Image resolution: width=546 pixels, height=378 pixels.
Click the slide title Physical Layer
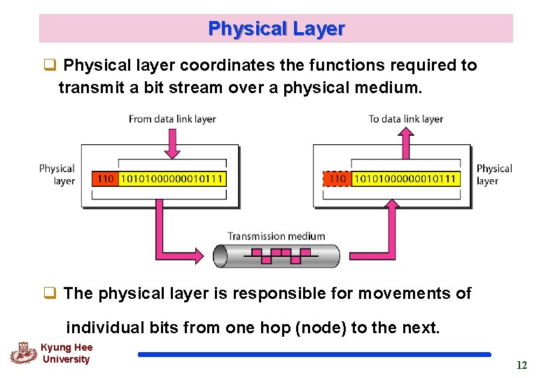pos(276,29)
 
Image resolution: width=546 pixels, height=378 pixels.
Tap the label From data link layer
pos(172,119)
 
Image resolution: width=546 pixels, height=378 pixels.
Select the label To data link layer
pos(406,119)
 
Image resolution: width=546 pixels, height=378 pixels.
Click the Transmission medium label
pos(276,237)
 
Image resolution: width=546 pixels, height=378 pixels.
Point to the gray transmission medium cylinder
pos(276,256)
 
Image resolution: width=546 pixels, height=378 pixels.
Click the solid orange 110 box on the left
pos(105,178)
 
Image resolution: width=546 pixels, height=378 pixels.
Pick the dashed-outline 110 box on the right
pos(337,178)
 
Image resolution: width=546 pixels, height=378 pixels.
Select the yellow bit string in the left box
pos(172,178)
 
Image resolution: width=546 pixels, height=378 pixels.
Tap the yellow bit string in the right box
pos(405,178)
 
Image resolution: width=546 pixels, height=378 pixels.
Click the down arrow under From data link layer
pos(172,143)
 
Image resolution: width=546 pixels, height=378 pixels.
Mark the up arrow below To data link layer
pos(405,143)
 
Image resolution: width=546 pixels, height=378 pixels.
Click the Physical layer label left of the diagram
pos(57,174)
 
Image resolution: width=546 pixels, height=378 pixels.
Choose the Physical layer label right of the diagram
pos(494,174)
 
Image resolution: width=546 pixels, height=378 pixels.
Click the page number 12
pos(521,365)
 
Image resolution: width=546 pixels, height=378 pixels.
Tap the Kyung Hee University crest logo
pos(22,353)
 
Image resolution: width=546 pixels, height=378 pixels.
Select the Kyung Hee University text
pos(66,353)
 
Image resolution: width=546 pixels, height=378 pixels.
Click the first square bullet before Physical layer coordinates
pos(50,66)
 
